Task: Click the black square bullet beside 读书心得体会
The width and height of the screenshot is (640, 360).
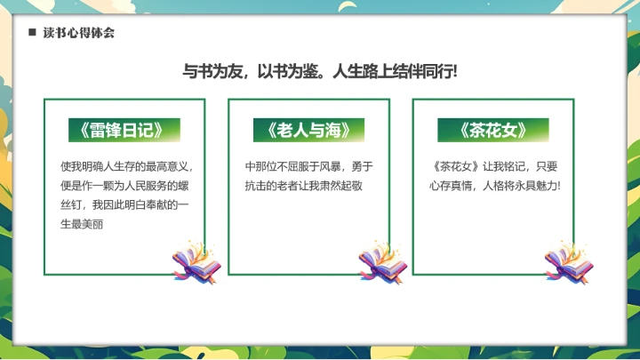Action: [x=32, y=33]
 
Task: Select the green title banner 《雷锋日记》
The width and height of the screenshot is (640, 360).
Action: [x=124, y=130]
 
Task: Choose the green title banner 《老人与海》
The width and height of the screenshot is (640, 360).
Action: [x=308, y=130]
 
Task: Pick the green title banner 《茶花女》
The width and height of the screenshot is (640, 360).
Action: [x=493, y=130]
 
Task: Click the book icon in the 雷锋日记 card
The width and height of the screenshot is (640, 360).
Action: [x=196, y=259]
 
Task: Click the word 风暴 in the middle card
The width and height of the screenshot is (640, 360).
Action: [x=332, y=165]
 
